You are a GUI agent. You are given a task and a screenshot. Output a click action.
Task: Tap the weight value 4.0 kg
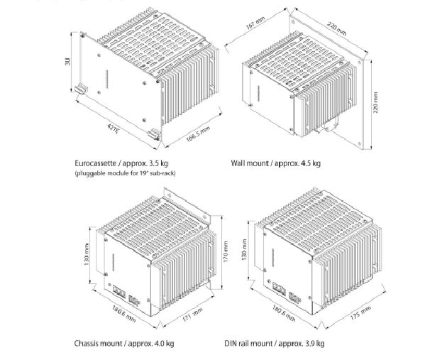[x=162, y=344]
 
